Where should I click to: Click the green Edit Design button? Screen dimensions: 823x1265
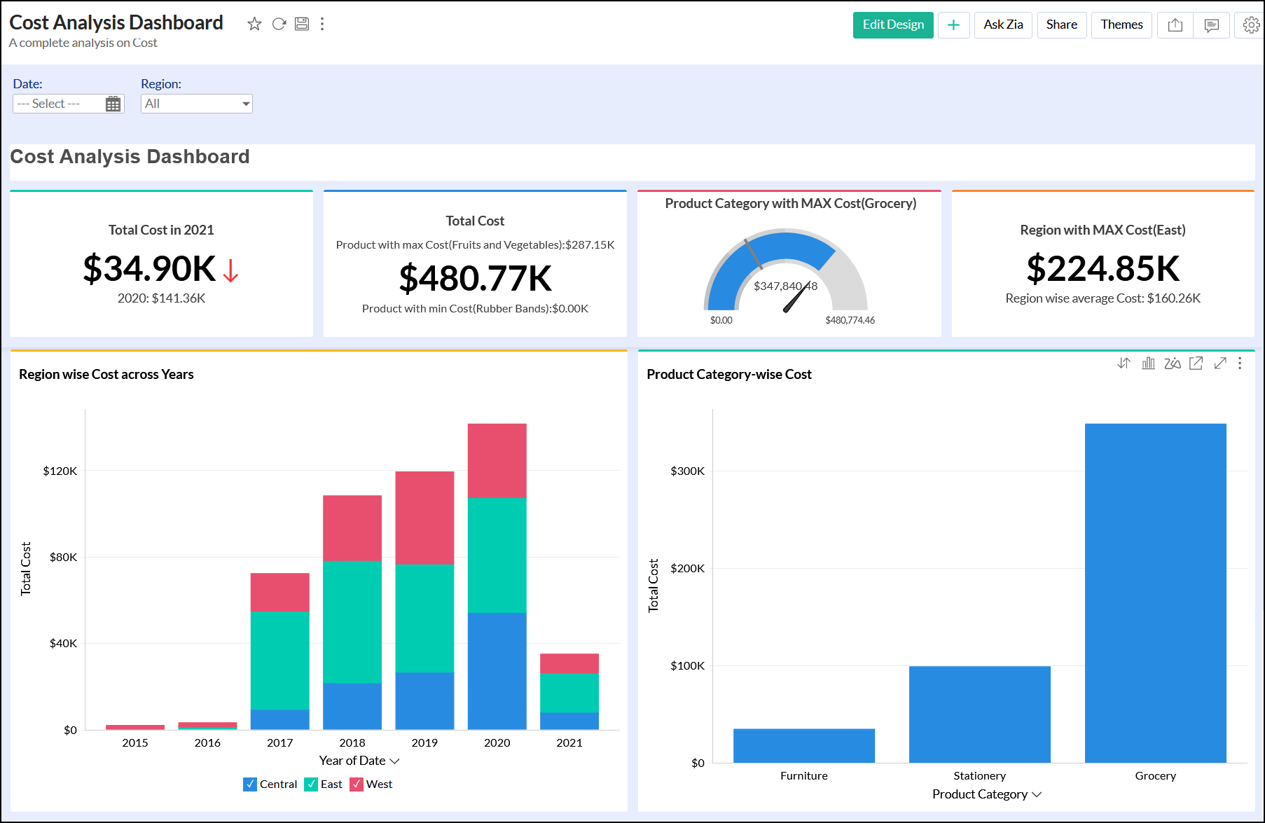892,25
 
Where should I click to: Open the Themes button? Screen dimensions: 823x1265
1121,25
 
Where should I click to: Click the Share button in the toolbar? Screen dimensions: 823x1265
1061,25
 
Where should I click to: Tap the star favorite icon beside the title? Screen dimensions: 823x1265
254,25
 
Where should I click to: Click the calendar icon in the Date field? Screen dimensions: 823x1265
113,104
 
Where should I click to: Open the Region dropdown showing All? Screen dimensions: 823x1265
196,104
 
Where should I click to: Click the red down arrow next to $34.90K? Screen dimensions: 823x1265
230,270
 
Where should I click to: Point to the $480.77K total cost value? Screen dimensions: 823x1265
475,278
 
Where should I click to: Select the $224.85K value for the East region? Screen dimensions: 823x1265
1102,268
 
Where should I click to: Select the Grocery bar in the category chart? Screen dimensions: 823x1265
1155,593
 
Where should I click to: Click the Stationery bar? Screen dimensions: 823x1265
979,714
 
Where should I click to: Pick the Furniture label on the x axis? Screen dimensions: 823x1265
803,775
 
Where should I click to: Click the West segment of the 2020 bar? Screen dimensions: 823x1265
497,461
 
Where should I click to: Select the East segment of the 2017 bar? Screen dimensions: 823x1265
279,661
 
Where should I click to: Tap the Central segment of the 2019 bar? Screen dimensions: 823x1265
424,700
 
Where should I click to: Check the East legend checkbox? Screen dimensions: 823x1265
311,784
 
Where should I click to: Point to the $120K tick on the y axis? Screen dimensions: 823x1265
60,471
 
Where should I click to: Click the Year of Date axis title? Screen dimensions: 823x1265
352,761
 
